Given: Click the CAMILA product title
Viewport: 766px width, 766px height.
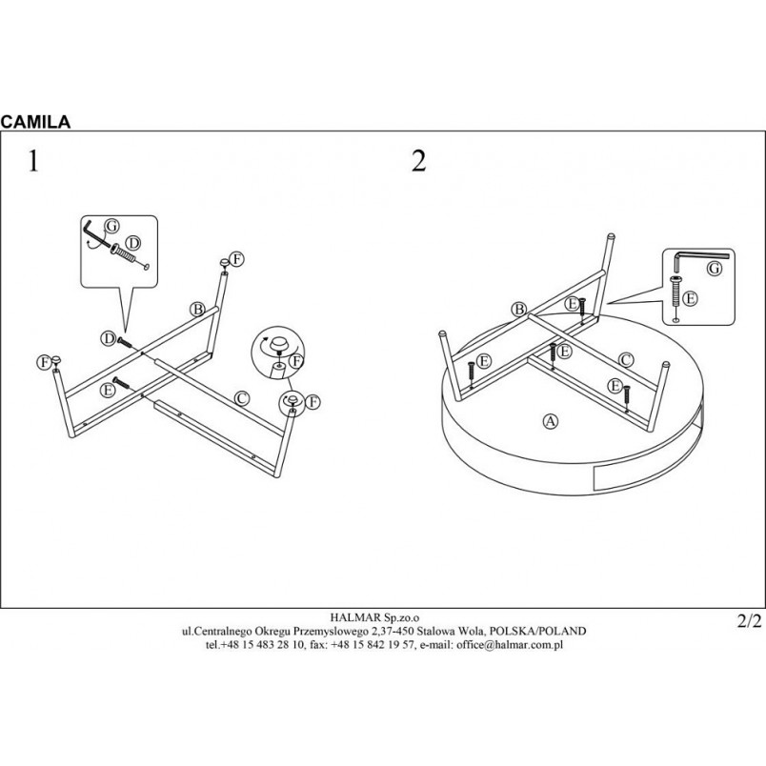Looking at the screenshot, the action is point(35,122).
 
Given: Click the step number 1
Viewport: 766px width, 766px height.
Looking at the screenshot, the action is point(32,161).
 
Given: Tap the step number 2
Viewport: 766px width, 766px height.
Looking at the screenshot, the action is point(418,161).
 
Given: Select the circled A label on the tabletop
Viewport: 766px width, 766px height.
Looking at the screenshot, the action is point(551,421).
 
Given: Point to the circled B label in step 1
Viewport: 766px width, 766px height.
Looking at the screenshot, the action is point(197,310).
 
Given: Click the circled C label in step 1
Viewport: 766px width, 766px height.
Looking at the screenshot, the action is point(242,398).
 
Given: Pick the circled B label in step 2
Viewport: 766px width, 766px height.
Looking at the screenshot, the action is point(519,310).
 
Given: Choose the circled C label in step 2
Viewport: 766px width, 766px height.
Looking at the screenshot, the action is point(626,359).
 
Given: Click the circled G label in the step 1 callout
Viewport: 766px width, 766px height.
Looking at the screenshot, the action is point(111,226).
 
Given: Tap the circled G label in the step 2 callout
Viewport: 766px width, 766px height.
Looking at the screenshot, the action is point(715,269).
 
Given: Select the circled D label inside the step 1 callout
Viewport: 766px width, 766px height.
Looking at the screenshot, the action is point(132,243).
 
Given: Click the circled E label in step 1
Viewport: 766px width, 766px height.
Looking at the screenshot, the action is point(108,390).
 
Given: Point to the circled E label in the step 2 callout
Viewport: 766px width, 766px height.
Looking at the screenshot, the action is point(690,298).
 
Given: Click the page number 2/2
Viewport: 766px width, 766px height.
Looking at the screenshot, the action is point(749,621).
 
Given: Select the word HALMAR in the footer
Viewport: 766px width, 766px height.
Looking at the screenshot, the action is point(351,618).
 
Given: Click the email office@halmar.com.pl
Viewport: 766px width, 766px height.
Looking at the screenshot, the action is point(510,644).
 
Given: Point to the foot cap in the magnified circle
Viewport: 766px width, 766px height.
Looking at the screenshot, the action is point(279,343).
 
